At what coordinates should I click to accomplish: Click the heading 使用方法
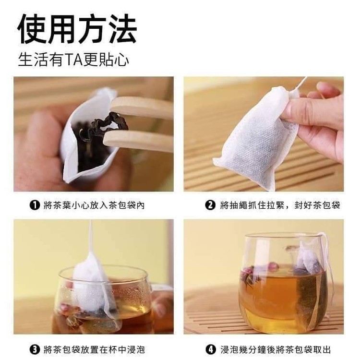point(77,29)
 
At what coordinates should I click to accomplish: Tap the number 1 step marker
point(35,205)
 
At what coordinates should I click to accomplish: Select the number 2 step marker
point(210,205)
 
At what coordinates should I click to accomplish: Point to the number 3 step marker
point(35,349)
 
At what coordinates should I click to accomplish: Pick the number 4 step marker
point(210,349)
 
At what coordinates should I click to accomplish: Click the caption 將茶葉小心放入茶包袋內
point(94,205)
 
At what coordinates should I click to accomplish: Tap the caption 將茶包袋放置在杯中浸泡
point(94,349)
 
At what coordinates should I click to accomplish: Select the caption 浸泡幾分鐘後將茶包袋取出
point(276,349)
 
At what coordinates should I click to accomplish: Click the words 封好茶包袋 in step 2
point(317,205)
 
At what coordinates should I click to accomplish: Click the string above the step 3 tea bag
point(91,237)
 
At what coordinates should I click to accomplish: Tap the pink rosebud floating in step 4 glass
point(274,267)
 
